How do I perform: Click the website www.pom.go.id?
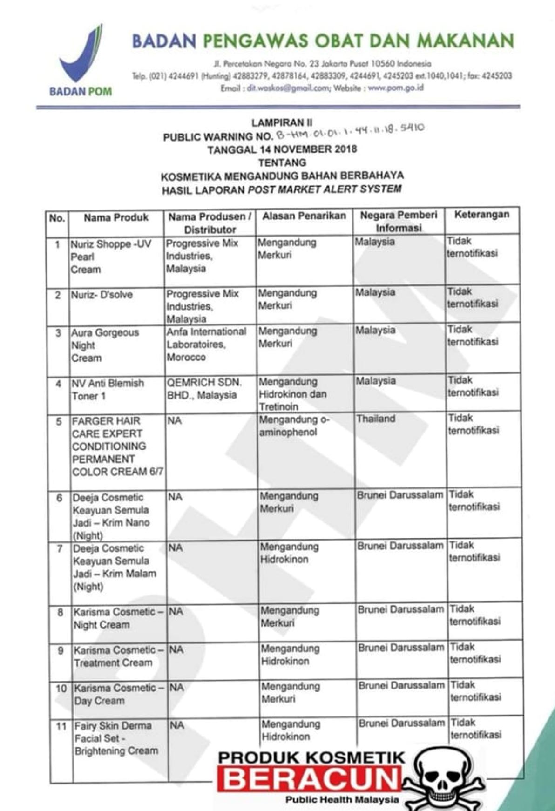[396, 87]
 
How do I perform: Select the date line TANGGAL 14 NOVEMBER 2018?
[282, 149]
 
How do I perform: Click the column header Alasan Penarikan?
[304, 216]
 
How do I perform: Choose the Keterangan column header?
[481, 215]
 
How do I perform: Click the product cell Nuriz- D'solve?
[102, 295]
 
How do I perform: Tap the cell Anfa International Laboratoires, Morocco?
[206, 345]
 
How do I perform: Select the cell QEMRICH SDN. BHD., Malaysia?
[204, 389]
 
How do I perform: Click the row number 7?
[60, 548]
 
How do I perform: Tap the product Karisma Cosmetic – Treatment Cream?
[119, 656]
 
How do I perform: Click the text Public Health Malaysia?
[342, 799]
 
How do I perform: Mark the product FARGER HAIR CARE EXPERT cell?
[117, 446]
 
